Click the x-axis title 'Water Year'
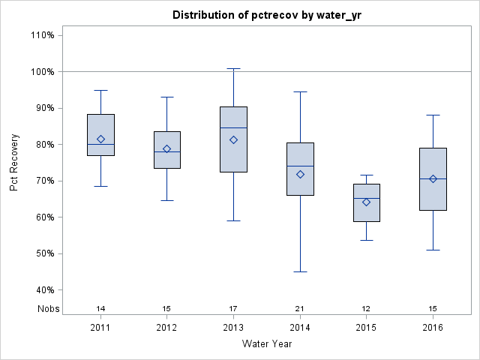pyautogui.click(x=266, y=344)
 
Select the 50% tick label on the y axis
pyautogui.click(x=42, y=253)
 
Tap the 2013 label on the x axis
pyautogui.click(x=233, y=328)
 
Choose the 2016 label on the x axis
pyautogui.click(x=433, y=328)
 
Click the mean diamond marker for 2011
pyautogui.click(x=100, y=139)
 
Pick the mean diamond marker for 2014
pyautogui.click(x=300, y=174)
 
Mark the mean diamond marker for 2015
pyautogui.click(x=366, y=202)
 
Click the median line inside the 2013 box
pyautogui.click(x=233, y=127)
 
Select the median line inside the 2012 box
pyautogui.click(x=167, y=151)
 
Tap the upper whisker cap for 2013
pyautogui.click(x=233, y=68)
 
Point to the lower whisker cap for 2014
pyautogui.click(x=300, y=271)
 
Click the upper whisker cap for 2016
pyautogui.click(x=433, y=115)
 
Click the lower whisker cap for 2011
pyautogui.click(x=100, y=186)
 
